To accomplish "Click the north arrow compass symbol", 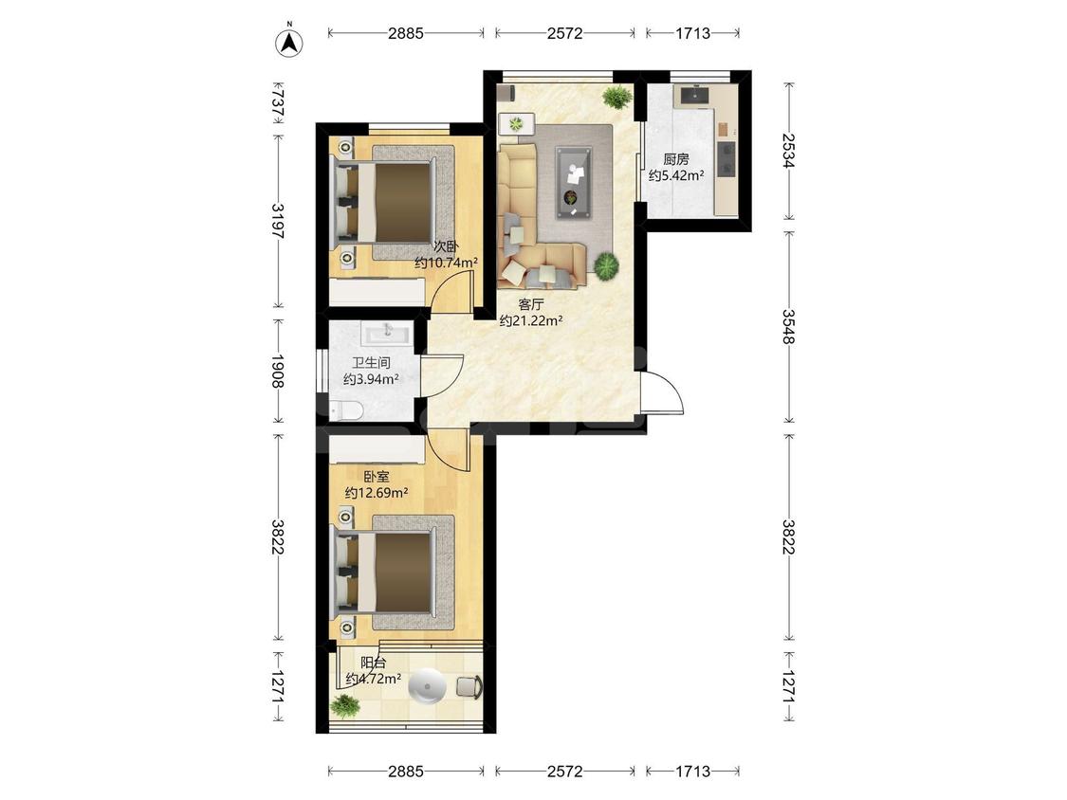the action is [289, 42].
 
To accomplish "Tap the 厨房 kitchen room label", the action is [675, 159].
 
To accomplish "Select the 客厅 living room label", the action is [531, 304].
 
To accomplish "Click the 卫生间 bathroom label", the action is [371, 363].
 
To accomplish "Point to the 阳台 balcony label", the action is [373, 663].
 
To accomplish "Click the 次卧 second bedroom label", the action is [447, 246].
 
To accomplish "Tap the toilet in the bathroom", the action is [345, 410].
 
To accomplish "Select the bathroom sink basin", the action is [387, 333].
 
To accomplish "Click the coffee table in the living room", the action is [574, 183].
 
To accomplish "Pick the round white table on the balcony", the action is [427, 685].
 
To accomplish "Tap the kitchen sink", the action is [694, 95].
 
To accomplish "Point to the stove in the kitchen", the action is [727, 158].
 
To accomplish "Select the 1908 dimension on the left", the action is [278, 371].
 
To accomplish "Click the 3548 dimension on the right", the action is [788, 327].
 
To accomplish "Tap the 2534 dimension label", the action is [788, 151].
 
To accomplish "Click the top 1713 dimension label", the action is [692, 32].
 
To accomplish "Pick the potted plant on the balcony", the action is [345, 706].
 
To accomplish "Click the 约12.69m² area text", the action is [377, 493].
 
